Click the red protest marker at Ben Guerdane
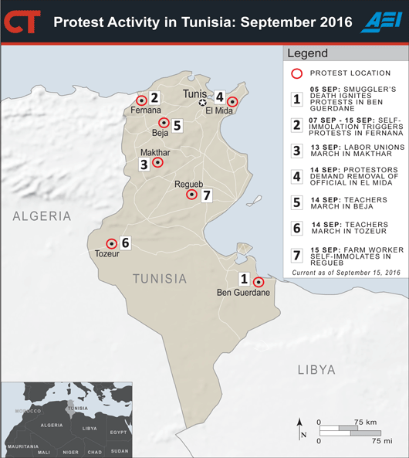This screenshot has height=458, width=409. pyautogui.click(x=259, y=282)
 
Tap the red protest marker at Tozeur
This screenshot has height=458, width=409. pyautogui.click(x=111, y=243)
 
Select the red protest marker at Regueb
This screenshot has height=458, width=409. pyautogui.click(x=191, y=195)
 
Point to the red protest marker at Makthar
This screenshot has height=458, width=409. pyautogui.click(x=158, y=162)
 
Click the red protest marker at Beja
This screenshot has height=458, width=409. pyautogui.click(x=164, y=124)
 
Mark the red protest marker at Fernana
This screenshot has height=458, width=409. pyautogui.click(x=141, y=100)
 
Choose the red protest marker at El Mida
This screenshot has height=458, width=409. pyautogui.click(x=232, y=101)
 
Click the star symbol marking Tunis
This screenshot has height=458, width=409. pyautogui.click(x=203, y=102)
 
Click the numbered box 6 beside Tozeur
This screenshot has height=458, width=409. pyautogui.click(x=126, y=243)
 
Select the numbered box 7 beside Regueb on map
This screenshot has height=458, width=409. pyautogui.click(x=206, y=195)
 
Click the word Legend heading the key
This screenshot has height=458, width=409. pyautogui.click(x=307, y=54)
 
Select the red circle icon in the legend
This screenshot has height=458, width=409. pyautogui.click(x=297, y=73)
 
